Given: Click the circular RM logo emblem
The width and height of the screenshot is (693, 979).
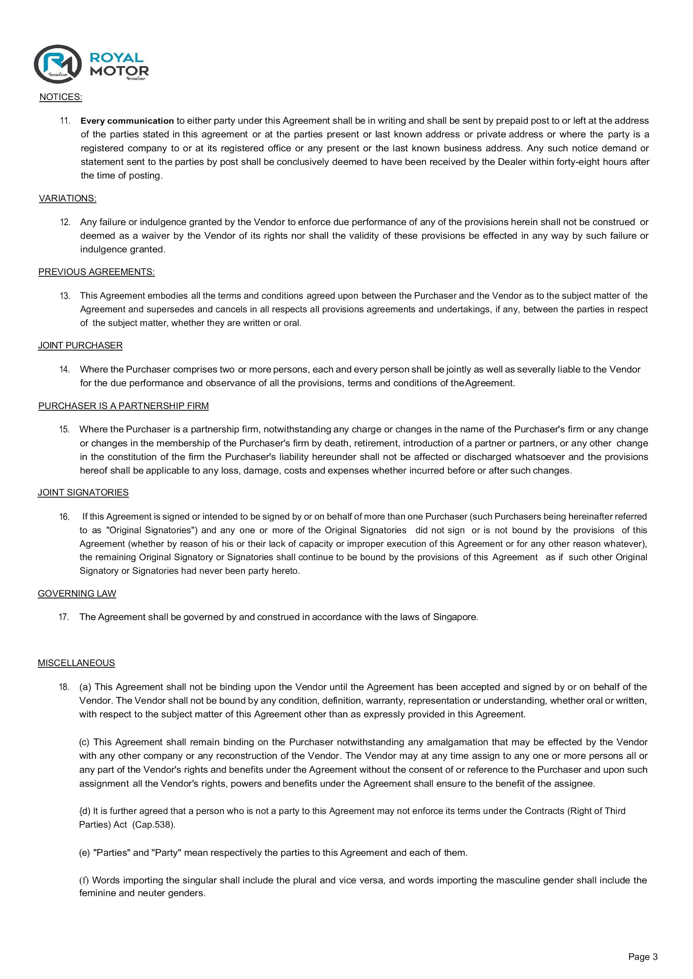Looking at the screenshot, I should coord(58,64).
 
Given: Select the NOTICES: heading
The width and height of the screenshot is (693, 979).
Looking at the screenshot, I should coord(61,97).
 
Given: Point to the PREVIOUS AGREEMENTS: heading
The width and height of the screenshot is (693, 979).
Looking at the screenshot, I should coord(96,272).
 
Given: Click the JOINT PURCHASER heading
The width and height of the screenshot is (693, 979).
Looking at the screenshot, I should coord(80,345).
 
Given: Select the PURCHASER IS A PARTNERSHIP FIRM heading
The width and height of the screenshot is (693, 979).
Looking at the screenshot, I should coord(123,406).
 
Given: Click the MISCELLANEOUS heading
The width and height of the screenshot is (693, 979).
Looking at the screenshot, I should coord(76,663).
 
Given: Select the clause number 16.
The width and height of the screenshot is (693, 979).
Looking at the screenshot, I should coord(64,517).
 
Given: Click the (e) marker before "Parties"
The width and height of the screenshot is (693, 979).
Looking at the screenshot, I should coord(85,853).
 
